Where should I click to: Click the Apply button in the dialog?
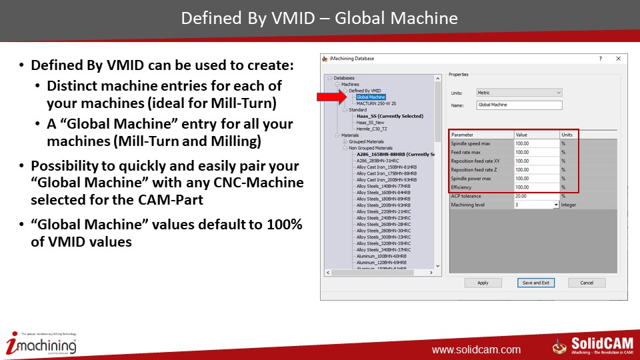tap(483, 283)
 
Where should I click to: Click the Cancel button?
tap(587, 283)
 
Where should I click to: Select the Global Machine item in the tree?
tap(371, 97)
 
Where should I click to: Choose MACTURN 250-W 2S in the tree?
tap(377, 103)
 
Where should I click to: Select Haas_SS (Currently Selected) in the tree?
tap(389, 116)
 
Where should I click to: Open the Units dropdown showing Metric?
tap(519, 93)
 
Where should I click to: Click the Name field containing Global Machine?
tap(519, 105)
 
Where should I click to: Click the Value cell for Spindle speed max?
tap(536, 143)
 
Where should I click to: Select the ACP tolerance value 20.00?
tap(536, 196)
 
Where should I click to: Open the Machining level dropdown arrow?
tap(556, 205)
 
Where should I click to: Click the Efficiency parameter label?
tap(461, 187)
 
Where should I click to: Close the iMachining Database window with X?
tap(618, 59)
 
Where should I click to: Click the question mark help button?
tap(600, 59)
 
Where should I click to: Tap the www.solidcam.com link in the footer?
tap(476, 349)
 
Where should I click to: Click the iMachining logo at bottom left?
tap(41, 344)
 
